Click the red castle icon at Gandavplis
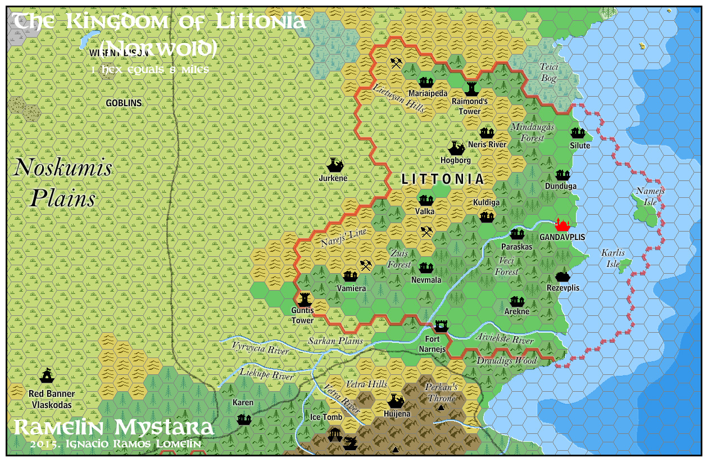562,225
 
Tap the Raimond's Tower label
470,106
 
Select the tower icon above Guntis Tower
304,297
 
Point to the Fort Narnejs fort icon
442,326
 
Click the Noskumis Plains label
62,183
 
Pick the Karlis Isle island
624,265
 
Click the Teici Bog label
548,72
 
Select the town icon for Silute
578,133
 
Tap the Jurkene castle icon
335,165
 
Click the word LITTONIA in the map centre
443,179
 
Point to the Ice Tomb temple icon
335,434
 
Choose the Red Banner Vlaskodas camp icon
47,374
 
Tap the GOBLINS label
124,103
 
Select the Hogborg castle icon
456,148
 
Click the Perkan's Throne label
441,392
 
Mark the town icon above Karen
244,419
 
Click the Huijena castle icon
396,401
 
